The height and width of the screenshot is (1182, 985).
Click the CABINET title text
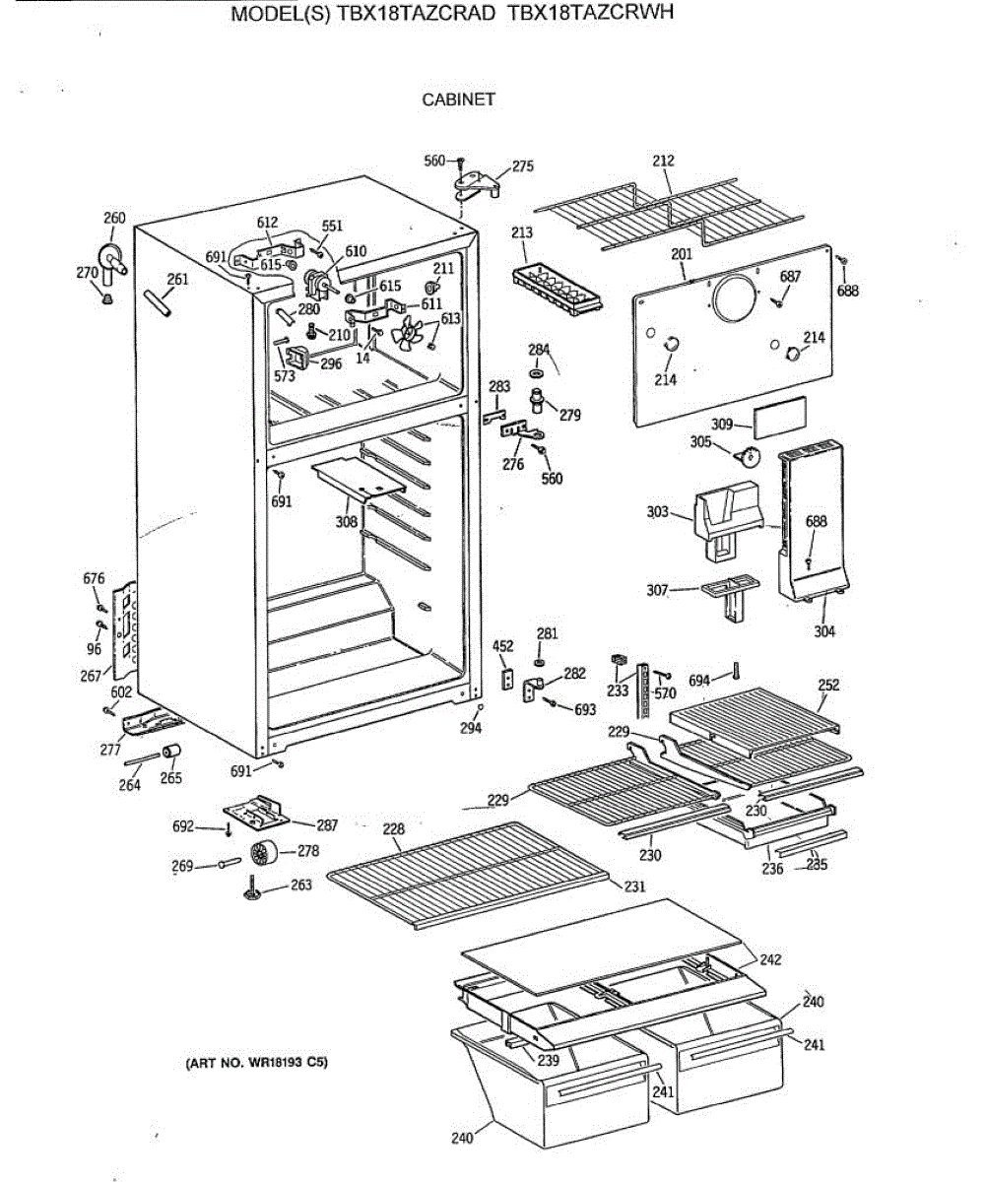(458, 99)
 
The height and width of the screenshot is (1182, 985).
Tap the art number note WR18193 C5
(256, 1064)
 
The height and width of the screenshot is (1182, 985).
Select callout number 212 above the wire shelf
(664, 161)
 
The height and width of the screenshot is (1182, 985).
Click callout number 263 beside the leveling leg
(300, 886)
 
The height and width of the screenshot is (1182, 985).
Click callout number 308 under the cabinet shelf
(346, 521)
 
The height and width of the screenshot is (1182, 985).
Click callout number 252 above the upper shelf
(828, 686)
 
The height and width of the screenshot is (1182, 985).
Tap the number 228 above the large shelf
(393, 830)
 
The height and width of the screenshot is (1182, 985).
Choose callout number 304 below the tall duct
(824, 631)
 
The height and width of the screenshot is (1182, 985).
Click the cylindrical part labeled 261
(161, 302)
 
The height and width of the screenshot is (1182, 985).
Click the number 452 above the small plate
(502, 646)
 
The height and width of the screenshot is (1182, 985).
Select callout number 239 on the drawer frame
(548, 1061)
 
